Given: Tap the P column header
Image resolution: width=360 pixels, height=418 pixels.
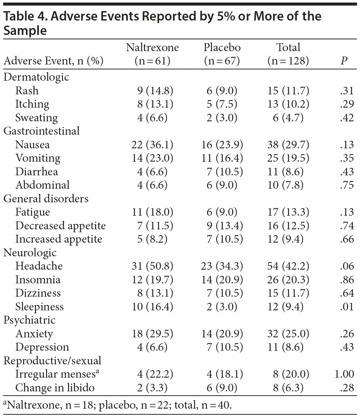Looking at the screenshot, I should point(344,61).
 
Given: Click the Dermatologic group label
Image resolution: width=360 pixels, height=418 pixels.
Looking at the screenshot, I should point(36,77).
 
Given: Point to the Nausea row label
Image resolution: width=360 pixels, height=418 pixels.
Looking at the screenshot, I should point(32,145).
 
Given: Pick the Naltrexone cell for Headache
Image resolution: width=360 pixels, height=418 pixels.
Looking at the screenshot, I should point(152,266).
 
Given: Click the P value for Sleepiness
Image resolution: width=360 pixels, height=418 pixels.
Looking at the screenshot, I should point(347,307).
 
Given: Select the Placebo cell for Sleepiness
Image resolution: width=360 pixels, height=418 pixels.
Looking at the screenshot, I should point(222,307).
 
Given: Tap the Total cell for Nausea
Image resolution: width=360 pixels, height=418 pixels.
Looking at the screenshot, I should point(288,145).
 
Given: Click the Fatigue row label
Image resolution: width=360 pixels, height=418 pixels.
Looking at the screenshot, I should point(32,212).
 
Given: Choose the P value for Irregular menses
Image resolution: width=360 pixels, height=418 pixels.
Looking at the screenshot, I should point(344,374).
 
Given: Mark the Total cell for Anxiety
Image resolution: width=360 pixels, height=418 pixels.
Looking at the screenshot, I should point(288,334).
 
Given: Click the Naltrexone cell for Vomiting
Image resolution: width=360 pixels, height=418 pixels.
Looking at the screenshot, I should point(152,158).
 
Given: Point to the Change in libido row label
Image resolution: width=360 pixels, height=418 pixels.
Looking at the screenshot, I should point(55,388).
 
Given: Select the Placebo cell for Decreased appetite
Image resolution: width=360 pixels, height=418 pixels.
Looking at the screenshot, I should point(222,226).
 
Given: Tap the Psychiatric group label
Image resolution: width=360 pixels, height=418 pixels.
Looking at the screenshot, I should point(30,320).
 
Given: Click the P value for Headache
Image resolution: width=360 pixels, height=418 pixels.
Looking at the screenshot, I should point(347,266).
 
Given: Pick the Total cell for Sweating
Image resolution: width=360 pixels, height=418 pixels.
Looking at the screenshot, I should point(288,118).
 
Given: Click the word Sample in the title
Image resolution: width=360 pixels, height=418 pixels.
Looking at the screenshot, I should point(25,31).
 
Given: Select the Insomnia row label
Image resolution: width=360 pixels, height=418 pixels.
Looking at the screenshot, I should point(38,280).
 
